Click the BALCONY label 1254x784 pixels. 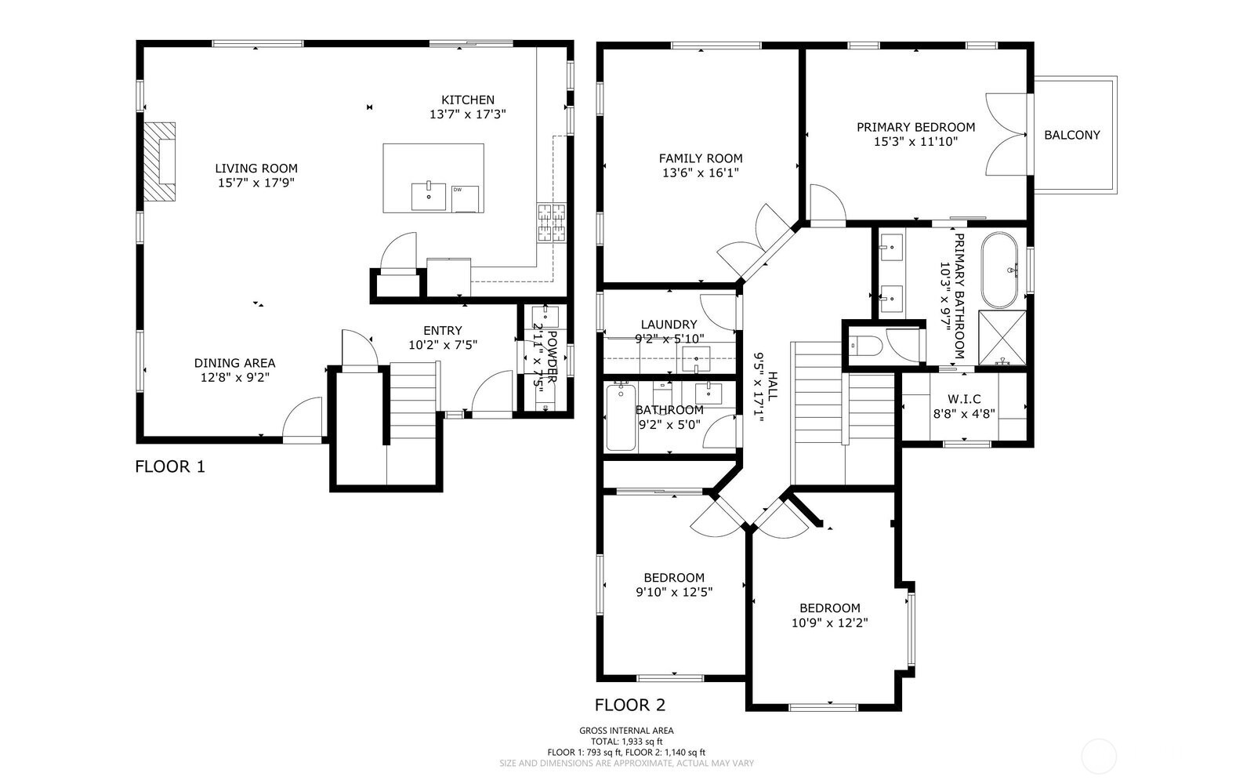[x=1071, y=135]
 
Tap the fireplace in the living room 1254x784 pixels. [x=161, y=162]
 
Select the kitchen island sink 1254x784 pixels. [x=428, y=196]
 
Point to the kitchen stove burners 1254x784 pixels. [x=551, y=222]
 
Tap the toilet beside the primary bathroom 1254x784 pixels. [x=865, y=345]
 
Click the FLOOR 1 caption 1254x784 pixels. [x=170, y=467]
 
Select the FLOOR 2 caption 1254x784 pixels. [x=630, y=705]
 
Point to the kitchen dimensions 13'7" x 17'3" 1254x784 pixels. [x=468, y=114]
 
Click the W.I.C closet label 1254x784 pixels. [x=963, y=399]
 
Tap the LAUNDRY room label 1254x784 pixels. [x=669, y=325]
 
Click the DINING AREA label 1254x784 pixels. [x=234, y=363]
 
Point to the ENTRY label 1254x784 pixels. [x=442, y=331]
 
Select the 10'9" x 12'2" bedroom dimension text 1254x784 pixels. [x=829, y=622]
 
